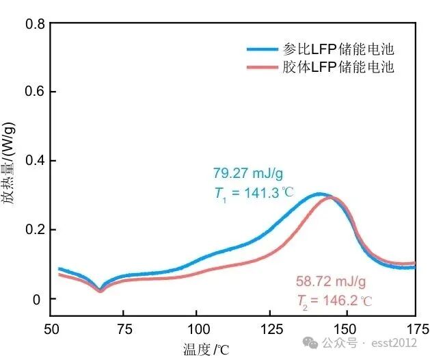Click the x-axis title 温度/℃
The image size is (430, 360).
click(206, 349)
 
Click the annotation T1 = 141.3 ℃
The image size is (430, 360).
click(254, 193)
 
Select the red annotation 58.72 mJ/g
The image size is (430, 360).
click(331, 281)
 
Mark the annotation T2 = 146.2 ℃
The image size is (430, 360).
click(335, 300)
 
